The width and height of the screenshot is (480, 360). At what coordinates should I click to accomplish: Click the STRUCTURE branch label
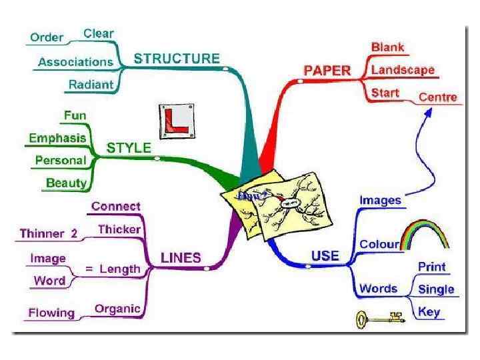point(177,59)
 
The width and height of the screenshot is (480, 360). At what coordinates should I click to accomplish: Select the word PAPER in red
point(327,70)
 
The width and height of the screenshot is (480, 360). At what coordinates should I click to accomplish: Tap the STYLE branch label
point(129,147)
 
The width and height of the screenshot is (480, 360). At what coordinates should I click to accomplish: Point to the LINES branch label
point(181,257)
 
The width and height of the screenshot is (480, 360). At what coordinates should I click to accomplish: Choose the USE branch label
point(325,255)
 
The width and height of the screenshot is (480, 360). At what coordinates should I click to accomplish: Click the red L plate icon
point(177,121)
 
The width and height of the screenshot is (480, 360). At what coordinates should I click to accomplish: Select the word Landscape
point(403,69)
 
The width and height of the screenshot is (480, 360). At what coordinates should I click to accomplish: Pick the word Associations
point(75,62)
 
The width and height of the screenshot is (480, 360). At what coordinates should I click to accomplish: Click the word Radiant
point(91,85)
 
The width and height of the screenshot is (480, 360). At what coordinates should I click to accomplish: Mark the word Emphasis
point(57,138)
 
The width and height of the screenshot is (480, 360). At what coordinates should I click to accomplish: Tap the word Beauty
point(66,183)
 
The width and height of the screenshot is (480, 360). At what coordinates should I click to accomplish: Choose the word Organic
point(117,309)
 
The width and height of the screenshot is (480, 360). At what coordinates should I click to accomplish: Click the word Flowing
point(51,313)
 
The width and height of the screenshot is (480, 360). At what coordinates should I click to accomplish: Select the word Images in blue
point(381,199)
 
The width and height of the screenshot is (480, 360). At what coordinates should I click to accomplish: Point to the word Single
point(436,289)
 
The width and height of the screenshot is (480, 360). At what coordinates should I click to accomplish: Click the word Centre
point(437,97)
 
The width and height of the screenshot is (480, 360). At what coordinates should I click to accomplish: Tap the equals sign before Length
point(89,269)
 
